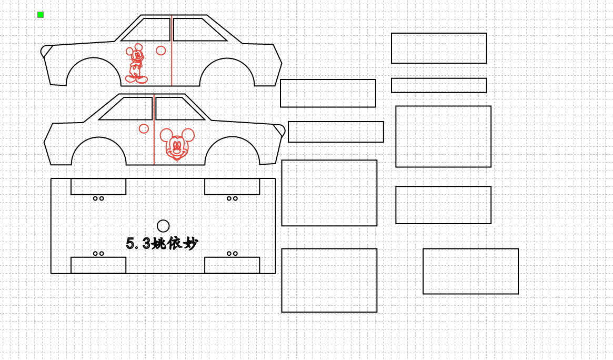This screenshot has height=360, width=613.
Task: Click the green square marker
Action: (x=41, y=15)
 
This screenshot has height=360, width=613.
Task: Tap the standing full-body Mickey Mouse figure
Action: (x=136, y=63)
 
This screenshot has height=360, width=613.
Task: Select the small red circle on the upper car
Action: (x=160, y=51)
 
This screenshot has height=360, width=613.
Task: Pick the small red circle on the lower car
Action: (x=144, y=128)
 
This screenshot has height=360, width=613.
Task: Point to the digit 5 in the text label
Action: (x=130, y=244)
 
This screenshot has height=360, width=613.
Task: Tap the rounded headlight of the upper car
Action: (x=46, y=51)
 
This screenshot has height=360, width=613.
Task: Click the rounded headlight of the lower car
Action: (x=279, y=130)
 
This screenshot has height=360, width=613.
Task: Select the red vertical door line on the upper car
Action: (x=172, y=51)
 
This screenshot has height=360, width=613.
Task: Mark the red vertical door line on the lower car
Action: (x=154, y=129)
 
